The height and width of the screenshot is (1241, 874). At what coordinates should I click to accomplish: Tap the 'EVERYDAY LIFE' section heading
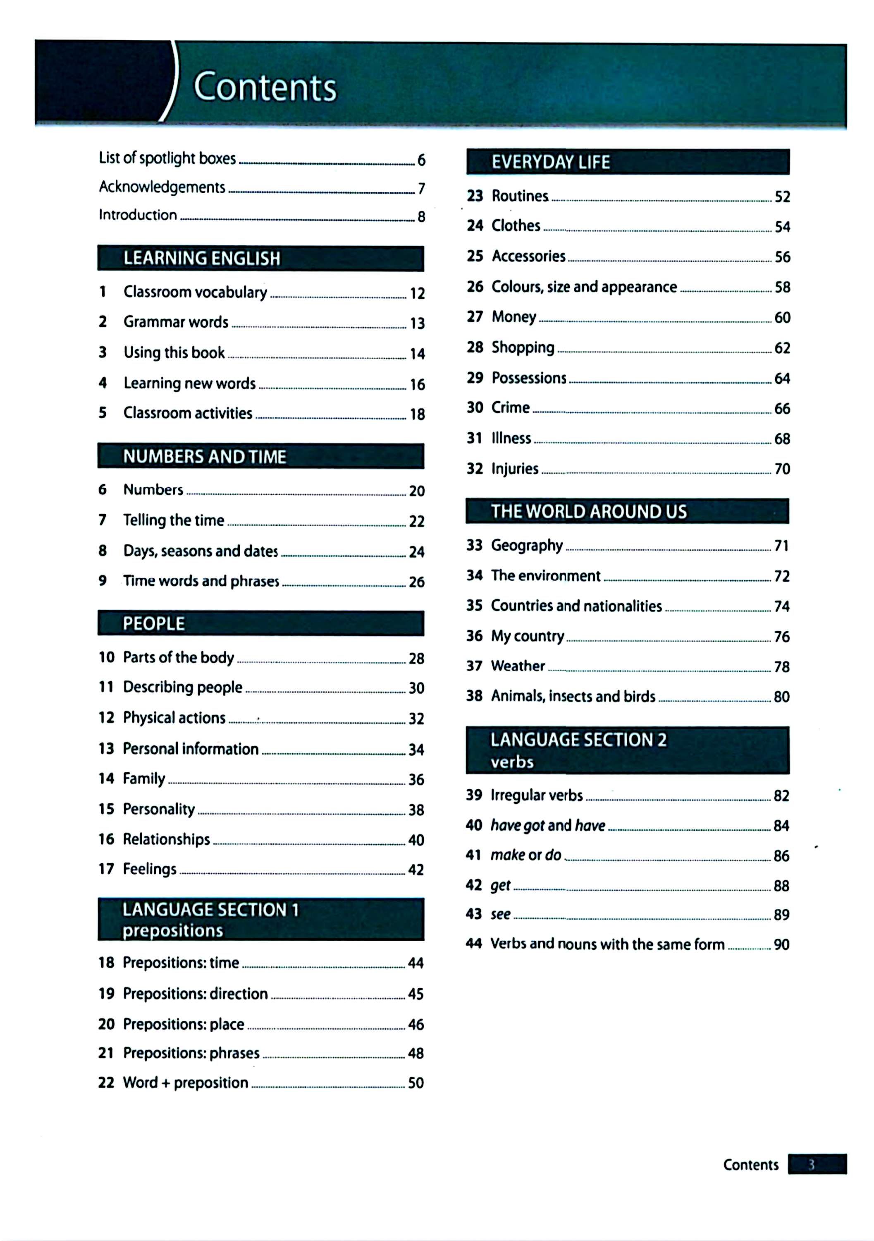(x=550, y=162)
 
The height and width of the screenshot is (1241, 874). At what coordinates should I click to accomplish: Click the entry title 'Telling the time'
(x=173, y=520)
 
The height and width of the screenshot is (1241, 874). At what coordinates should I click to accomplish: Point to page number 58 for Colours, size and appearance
(x=782, y=287)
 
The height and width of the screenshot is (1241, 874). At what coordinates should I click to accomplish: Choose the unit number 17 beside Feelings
(x=106, y=869)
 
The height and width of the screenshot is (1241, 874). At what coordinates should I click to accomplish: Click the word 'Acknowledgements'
(x=162, y=187)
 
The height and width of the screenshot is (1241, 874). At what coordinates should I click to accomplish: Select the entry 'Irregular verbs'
(x=536, y=795)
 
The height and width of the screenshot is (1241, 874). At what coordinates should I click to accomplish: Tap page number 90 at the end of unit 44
(x=781, y=944)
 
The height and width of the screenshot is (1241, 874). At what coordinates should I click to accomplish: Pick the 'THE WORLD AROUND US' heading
(x=588, y=511)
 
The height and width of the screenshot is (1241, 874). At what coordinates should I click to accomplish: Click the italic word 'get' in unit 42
(x=500, y=885)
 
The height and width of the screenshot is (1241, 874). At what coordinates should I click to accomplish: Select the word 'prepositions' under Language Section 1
(x=172, y=931)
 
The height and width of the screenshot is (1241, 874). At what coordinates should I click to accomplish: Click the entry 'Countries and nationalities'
(x=576, y=606)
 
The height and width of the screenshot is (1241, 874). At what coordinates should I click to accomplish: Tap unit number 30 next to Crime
(x=475, y=407)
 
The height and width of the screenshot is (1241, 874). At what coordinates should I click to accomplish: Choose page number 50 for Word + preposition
(x=416, y=1083)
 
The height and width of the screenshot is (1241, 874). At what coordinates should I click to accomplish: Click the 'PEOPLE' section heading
(x=153, y=624)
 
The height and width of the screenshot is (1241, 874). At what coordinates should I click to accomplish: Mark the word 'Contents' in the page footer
(x=750, y=1165)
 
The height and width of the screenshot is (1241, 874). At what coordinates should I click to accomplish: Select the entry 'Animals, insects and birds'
(x=573, y=696)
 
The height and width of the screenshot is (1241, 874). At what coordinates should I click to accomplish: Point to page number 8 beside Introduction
(x=421, y=217)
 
